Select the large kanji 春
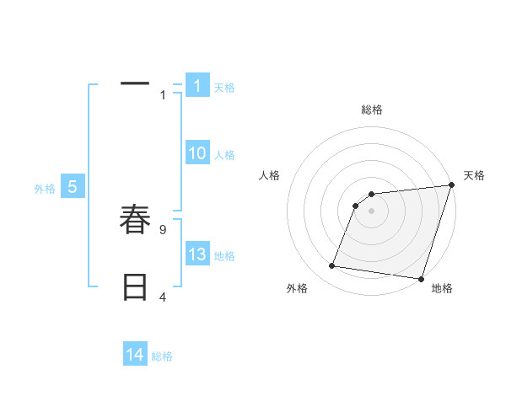coord(135,220)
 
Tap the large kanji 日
coord(135,287)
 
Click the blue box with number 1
coord(196,86)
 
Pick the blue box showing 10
coord(196,153)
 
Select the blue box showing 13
coord(196,254)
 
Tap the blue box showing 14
coord(135,355)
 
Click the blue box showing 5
coord(72,188)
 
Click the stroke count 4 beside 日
coord(163,297)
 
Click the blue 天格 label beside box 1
coord(224,88)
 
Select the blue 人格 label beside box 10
coord(224,155)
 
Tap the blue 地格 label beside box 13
coord(224,256)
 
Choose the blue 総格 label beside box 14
coord(162,356)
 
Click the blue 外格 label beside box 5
coord(45,190)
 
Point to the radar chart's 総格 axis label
coord(372,110)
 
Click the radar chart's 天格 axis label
coord(474,175)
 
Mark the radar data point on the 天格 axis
coord(451,185)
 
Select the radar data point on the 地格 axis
coord(421,278)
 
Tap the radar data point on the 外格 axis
coord(332,266)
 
